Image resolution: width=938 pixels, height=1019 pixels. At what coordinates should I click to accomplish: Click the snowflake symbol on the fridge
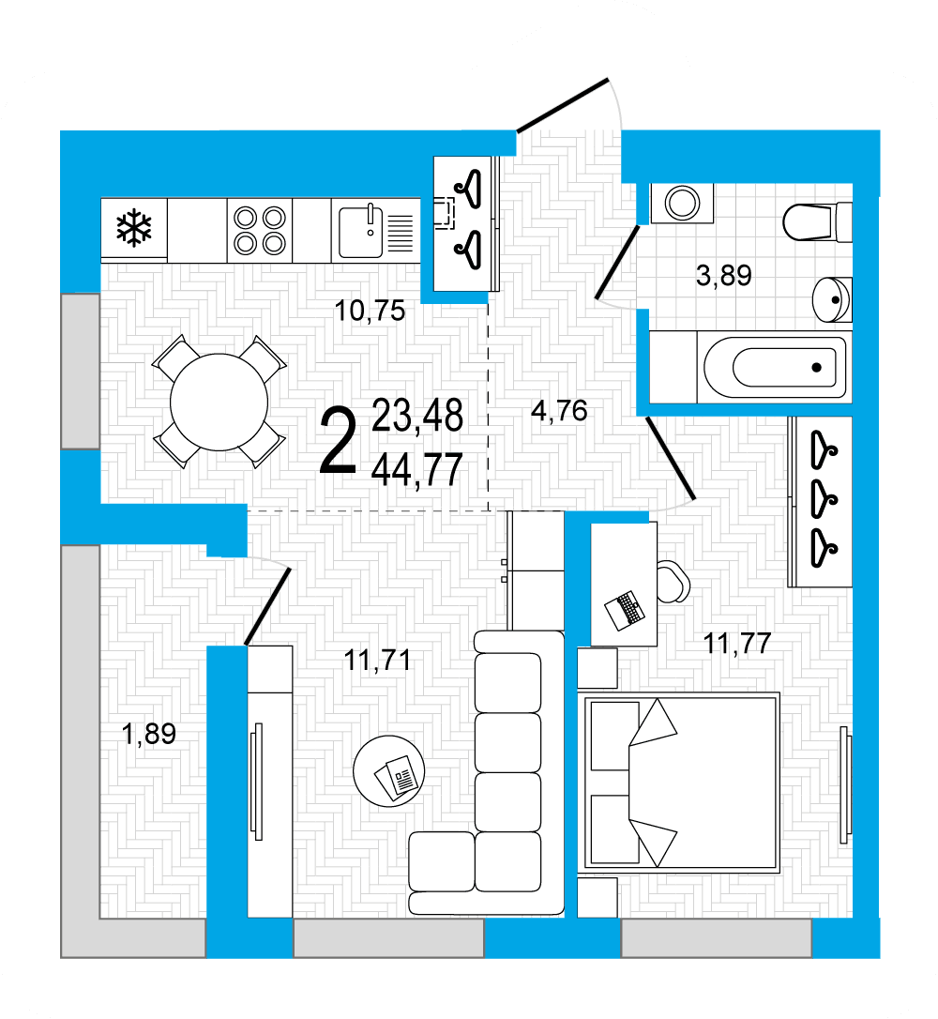134,227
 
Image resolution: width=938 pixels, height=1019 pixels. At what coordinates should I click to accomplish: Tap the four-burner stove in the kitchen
260,230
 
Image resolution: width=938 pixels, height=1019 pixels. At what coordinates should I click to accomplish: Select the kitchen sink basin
360,232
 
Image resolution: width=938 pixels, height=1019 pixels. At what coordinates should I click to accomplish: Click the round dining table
219,403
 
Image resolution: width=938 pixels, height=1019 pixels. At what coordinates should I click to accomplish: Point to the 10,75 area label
370,311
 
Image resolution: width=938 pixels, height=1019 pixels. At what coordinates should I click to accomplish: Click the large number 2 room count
338,440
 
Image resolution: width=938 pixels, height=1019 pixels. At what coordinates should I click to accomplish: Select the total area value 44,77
416,469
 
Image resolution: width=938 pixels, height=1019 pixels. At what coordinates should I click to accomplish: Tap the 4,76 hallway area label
559,411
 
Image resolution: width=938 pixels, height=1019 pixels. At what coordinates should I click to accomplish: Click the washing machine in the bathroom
682,204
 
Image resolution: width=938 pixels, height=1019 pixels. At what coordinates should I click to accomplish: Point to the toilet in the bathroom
817,221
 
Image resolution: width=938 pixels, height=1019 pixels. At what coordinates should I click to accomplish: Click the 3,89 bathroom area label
723,276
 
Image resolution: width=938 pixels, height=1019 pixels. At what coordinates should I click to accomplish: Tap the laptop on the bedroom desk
625,610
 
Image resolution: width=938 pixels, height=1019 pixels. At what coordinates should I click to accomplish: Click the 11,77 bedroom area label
737,644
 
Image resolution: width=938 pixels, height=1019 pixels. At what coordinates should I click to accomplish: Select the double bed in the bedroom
679,783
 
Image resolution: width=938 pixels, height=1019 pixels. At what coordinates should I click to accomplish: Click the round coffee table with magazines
389,771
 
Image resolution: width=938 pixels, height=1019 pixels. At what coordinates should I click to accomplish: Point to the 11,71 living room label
377,661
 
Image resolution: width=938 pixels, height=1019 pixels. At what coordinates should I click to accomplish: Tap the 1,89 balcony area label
149,734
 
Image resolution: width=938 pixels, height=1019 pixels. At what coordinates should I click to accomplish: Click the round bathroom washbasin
832,299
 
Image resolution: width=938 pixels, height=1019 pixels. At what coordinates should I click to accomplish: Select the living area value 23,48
417,416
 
